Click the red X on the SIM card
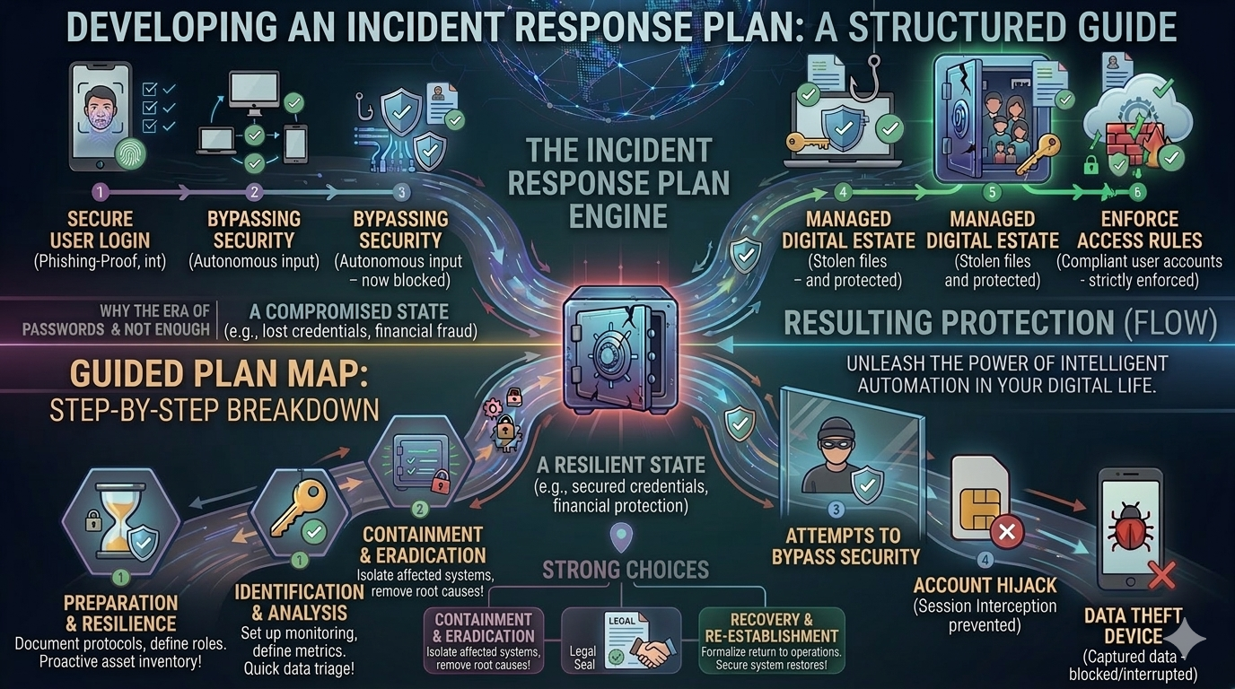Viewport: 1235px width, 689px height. pos(1005,532)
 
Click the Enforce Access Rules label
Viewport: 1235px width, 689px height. pos(1139,230)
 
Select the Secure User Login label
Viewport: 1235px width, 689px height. pos(100,230)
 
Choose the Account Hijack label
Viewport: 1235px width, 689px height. pos(985,586)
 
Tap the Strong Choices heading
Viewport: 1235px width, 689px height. pos(626,570)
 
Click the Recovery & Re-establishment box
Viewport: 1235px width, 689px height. pos(772,639)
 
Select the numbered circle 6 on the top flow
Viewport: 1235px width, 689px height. pos(1136,192)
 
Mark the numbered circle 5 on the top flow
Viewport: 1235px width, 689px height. pos(991,192)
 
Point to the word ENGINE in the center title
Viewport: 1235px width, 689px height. pos(617,215)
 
